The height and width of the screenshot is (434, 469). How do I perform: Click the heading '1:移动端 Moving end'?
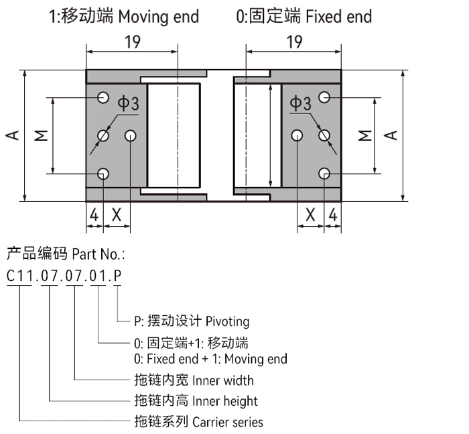pyautogui.click(x=124, y=16)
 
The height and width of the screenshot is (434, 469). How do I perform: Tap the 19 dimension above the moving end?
pyautogui.click(x=132, y=43)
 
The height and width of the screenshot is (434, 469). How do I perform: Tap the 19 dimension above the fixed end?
pyautogui.click(x=294, y=43)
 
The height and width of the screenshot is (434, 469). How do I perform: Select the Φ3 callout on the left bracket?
pyautogui.click(x=129, y=103)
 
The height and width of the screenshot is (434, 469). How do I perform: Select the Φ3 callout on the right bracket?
pyautogui.click(x=301, y=103)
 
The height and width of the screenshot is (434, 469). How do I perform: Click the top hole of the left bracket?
pyautogui.click(x=103, y=98)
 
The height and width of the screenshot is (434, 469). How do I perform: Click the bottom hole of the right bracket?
pyautogui.click(x=324, y=174)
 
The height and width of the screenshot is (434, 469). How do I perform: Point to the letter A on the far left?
pyautogui.click(x=12, y=135)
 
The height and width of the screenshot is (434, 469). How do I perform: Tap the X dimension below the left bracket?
pyautogui.click(x=117, y=215)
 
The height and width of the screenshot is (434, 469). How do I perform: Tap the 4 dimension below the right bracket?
pyautogui.click(x=332, y=215)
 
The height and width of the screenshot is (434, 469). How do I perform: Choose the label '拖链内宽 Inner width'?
pyautogui.click(x=194, y=380)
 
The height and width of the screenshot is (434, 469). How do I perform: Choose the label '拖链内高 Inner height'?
pyautogui.click(x=196, y=401)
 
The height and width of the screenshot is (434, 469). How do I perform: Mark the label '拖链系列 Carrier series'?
pyautogui.click(x=198, y=422)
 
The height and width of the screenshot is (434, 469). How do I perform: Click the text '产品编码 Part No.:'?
pyautogui.click(x=66, y=254)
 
